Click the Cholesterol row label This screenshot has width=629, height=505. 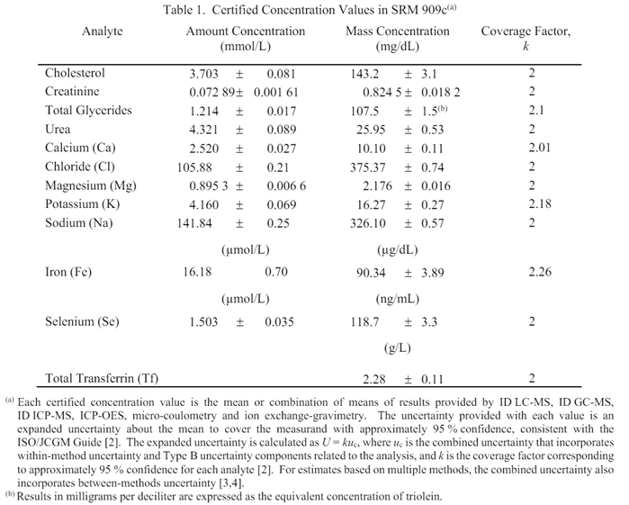(75, 74)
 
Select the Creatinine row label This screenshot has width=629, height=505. (72, 92)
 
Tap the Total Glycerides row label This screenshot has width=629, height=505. (88, 111)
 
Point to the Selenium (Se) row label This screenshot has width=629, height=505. (84, 321)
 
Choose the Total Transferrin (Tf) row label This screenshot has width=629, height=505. (102, 379)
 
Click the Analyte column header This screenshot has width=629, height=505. (103, 32)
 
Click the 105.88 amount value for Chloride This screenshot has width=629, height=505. (198, 167)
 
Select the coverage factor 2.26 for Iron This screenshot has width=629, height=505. (539, 272)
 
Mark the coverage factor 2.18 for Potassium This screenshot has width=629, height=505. (539, 204)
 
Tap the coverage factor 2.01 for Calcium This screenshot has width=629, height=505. (539, 148)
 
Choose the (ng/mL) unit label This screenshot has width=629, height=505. (397, 298)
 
